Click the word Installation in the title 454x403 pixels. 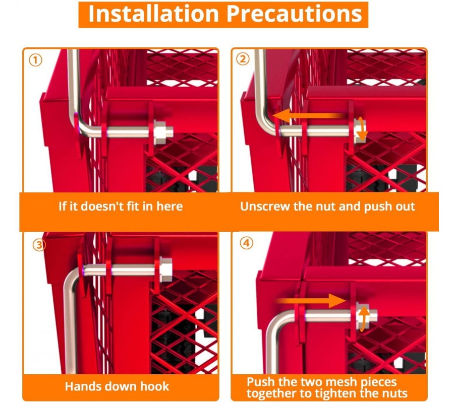click(153, 14)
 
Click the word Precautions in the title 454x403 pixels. click(294, 14)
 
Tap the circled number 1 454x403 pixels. click(36, 60)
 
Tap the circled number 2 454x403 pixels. click(243, 59)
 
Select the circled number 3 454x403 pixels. click(39, 245)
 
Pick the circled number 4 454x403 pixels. click(246, 243)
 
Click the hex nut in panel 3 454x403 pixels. click(165, 269)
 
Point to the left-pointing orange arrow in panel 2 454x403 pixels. click(309, 116)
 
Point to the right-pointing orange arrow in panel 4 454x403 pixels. click(311, 301)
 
